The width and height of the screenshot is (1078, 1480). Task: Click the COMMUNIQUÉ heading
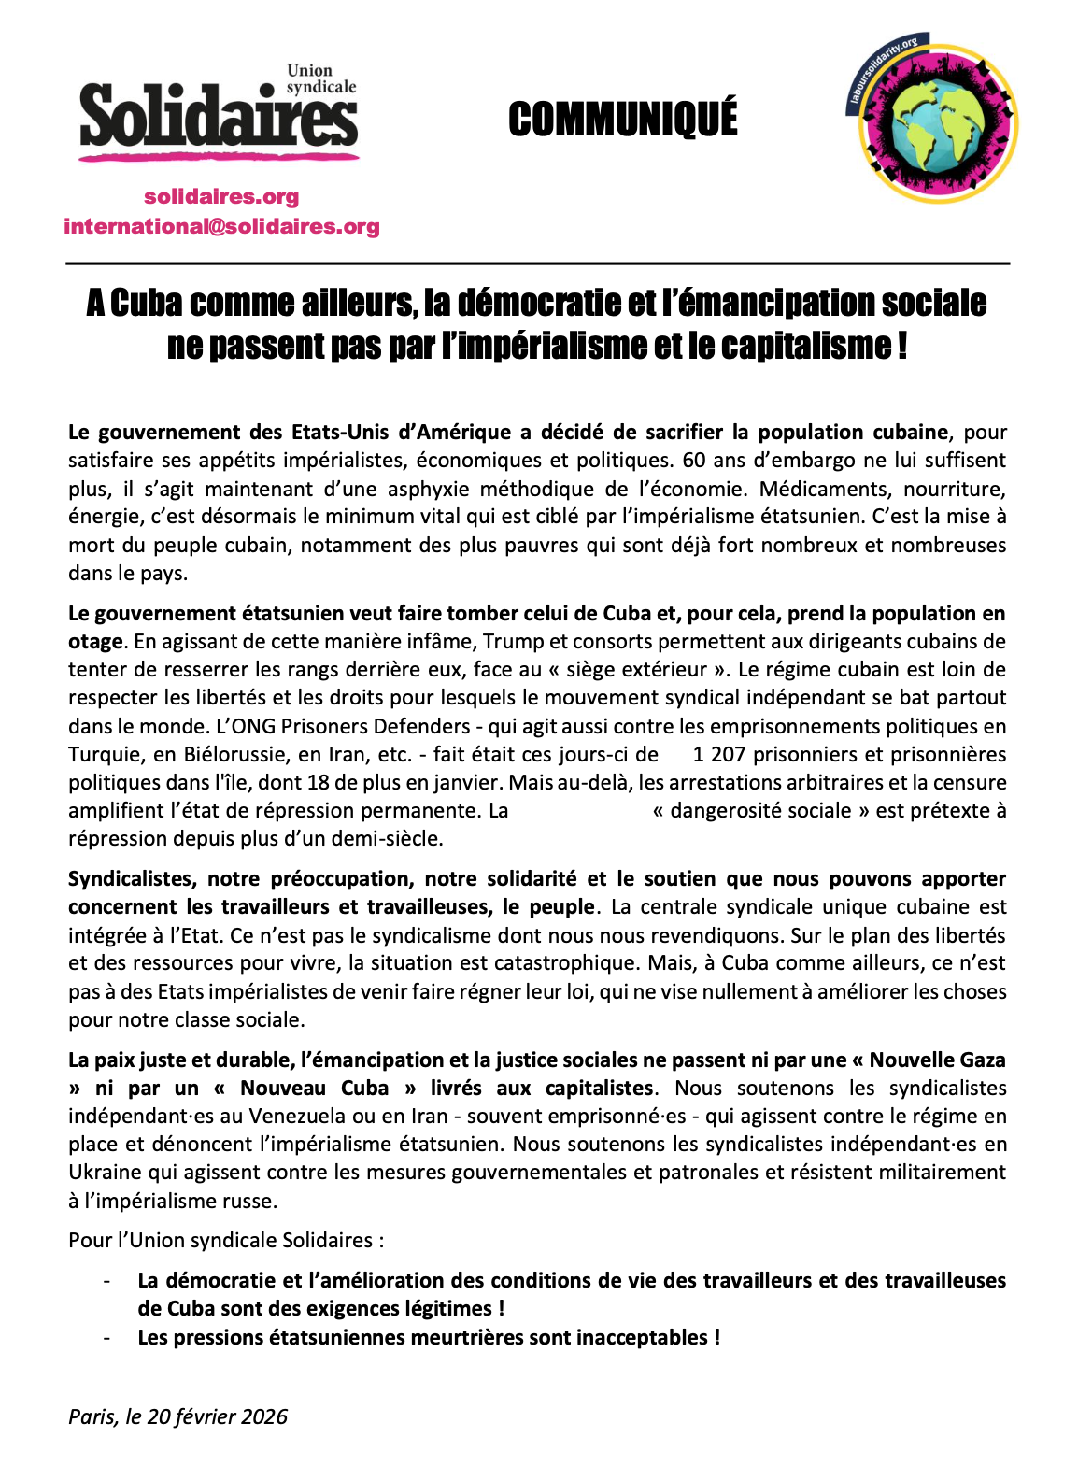[623, 120]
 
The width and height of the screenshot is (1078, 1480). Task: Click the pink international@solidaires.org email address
[221, 226]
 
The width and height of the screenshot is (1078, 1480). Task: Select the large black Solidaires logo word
[219, 118]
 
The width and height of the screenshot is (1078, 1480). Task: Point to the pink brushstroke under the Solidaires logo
[219, 156]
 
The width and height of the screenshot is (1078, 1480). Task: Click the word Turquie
[102, 754]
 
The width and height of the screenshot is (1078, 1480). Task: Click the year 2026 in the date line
[264, 1416]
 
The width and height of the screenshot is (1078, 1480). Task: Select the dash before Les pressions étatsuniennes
[107, 1337]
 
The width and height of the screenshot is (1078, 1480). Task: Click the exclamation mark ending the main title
[901, 346]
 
